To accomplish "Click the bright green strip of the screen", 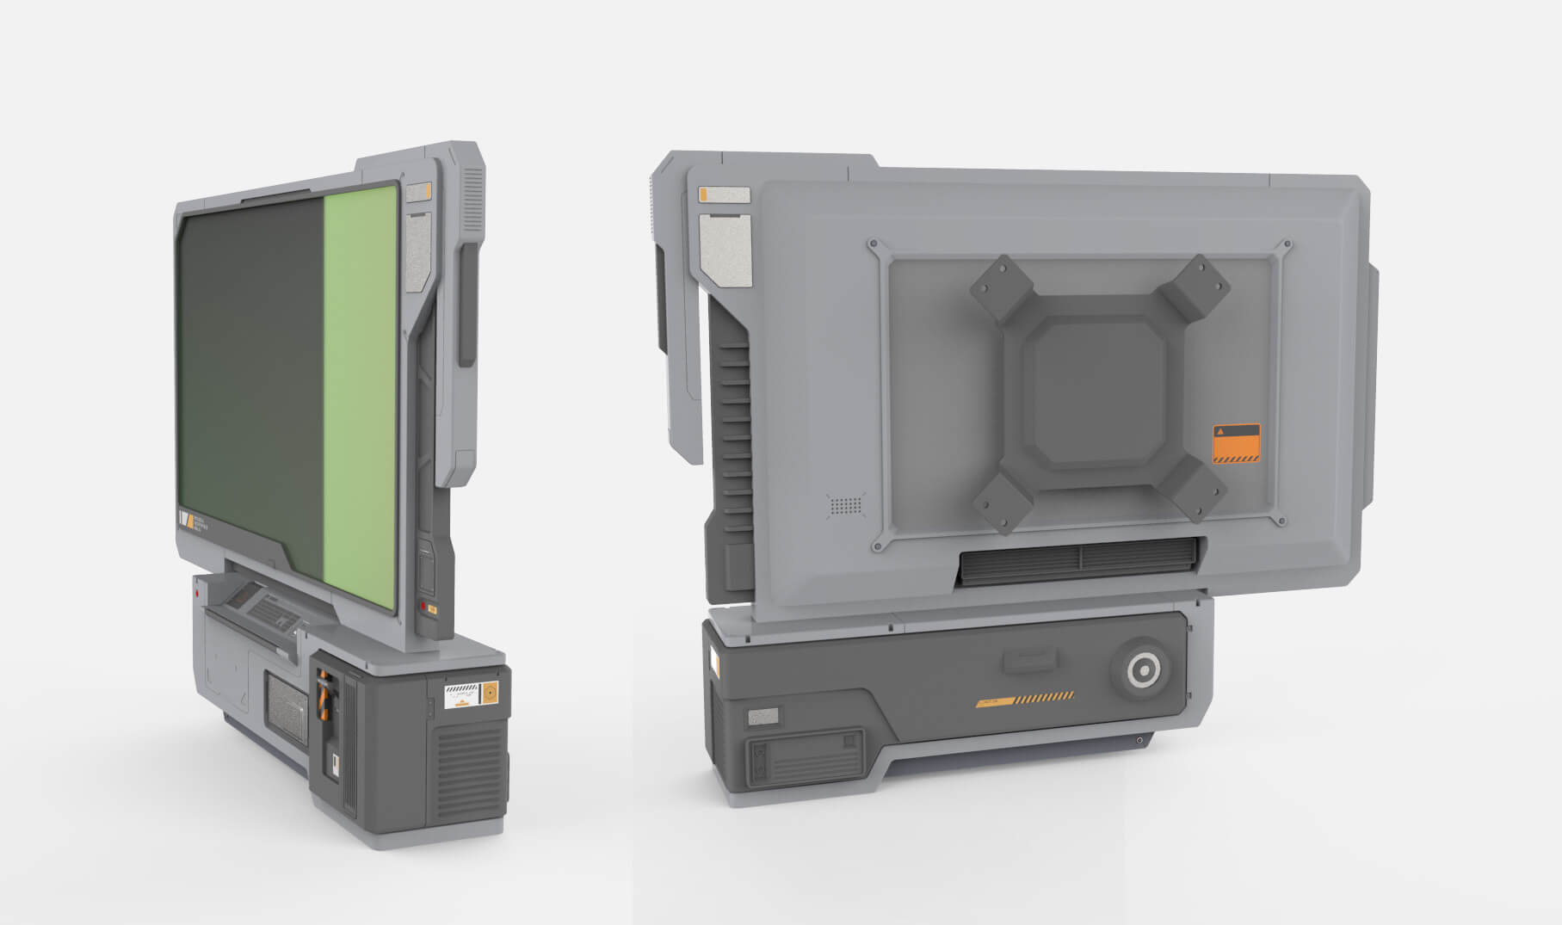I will (361, 396).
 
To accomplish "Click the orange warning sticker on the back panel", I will (1236, 444).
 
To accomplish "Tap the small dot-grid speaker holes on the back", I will (846, 506).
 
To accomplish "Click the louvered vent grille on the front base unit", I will (469, 766).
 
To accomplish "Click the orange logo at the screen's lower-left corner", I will (185, 520).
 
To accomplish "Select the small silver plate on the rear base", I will (762, 716).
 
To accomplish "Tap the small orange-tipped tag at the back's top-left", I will (724, 195).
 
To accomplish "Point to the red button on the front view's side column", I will (422, 607).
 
